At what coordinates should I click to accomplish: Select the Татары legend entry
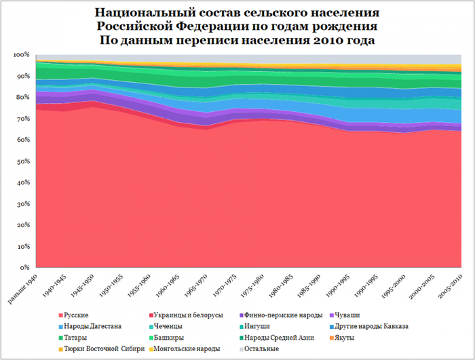click(75, 338)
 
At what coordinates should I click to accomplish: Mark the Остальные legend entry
click(261, 348)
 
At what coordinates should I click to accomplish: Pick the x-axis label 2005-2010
click(449, 289)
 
